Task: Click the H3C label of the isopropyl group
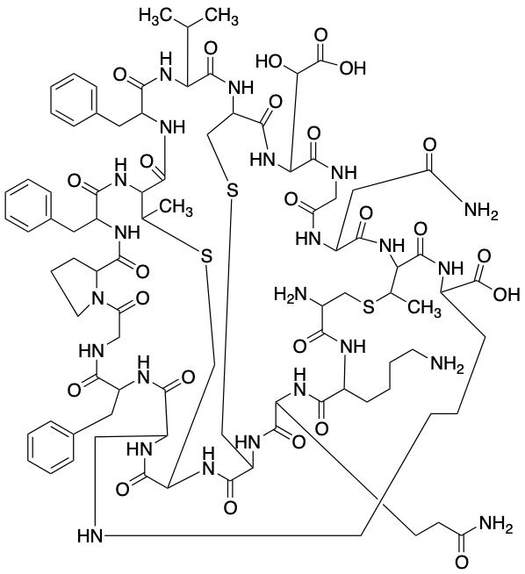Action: coord(155,17)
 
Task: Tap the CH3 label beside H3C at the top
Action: coord(220,17)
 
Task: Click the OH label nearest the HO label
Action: coord(353,68)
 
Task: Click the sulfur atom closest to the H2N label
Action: coord(369,307)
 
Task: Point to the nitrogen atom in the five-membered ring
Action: coord(97,299)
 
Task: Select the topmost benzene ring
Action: coord(75,100)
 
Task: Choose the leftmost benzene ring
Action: coord(28,208)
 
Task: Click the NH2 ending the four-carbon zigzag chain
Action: coord(447,364)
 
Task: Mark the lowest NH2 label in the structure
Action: coord(496,527)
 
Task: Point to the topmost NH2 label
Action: coord(481,212)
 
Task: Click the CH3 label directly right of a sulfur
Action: coord(424,307)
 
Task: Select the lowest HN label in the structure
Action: coord(90,535)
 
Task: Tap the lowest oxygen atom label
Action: coord(461,562)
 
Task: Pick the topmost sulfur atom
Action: coord(232,190)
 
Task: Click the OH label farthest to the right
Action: coord(507,294)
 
